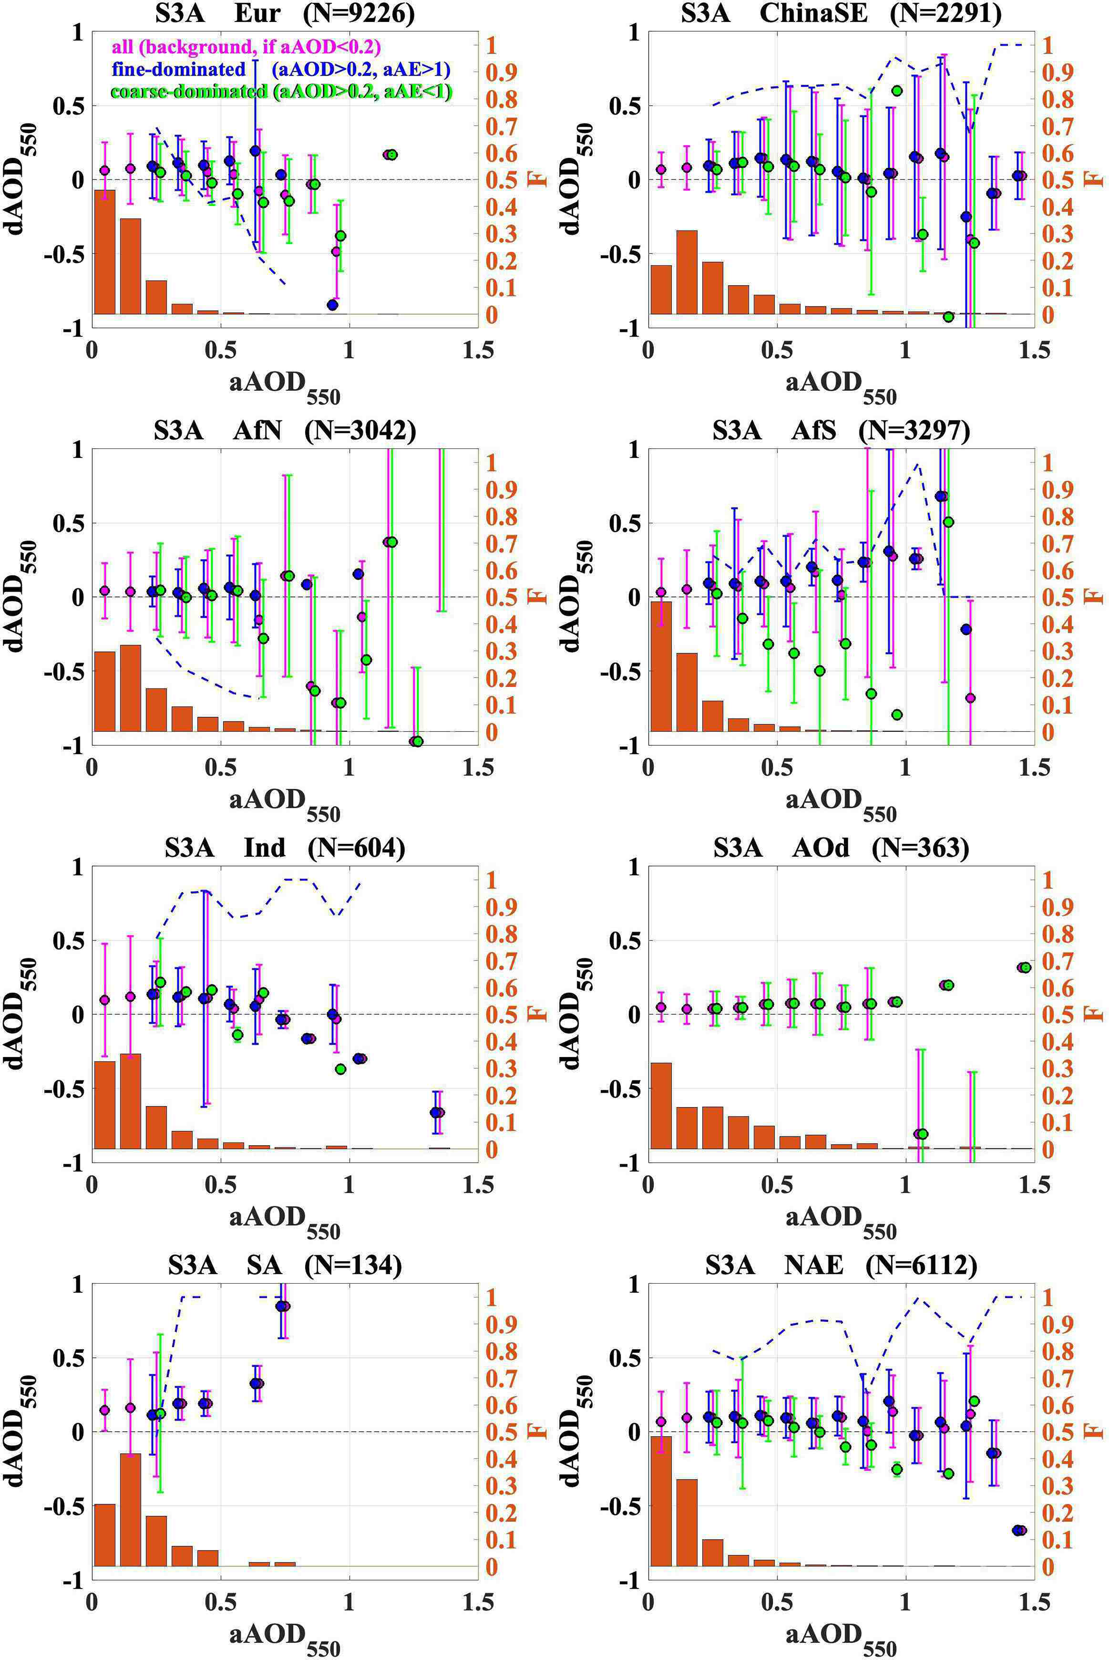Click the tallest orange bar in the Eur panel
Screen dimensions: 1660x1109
tap(105, 251)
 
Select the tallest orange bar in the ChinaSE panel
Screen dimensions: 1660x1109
tap(687, 272)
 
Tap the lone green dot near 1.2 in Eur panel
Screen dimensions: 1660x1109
tap(392, 154)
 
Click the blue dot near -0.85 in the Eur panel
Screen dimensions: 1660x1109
tap(333, 305)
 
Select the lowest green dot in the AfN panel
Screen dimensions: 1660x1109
tap(417, 741)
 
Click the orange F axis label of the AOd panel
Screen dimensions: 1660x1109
tap(1096, 1013)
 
